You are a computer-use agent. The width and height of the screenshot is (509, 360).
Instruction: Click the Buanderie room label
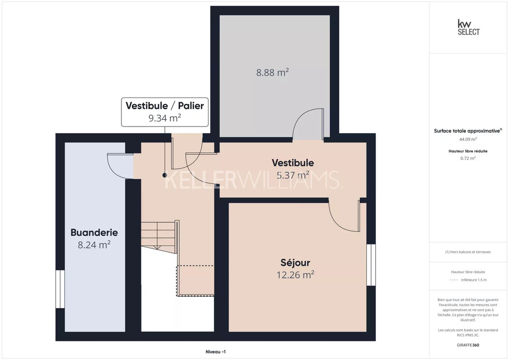click(94, 232)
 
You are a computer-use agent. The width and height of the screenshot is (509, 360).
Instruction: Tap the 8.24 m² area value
click(94, 244)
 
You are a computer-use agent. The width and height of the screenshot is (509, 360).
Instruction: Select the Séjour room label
click(295, 262)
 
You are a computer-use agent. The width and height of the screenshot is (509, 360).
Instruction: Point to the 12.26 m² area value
click(295, 275)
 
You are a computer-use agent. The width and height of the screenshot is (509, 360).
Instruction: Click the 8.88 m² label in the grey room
click(273, 73)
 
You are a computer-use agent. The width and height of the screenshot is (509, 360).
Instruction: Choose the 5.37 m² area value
click(293, 175)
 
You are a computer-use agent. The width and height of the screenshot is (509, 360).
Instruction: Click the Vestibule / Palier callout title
click(165, 106)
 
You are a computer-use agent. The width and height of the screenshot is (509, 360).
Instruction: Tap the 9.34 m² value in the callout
click(165, 118)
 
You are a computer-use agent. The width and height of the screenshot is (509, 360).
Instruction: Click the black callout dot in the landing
click(165, 175)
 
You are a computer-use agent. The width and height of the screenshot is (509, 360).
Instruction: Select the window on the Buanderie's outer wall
click(60, 289)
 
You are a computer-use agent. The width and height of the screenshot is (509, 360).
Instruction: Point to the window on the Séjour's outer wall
click(371, 265)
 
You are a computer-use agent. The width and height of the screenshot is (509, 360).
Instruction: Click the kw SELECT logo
click(468, 27)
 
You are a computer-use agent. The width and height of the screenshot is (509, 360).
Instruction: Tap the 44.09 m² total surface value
click(468, 139)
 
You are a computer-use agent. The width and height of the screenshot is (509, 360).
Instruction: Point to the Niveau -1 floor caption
click(216, 352)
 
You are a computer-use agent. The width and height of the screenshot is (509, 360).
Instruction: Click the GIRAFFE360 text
click(468, 345)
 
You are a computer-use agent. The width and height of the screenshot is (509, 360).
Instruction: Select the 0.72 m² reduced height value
click(468, 158)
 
